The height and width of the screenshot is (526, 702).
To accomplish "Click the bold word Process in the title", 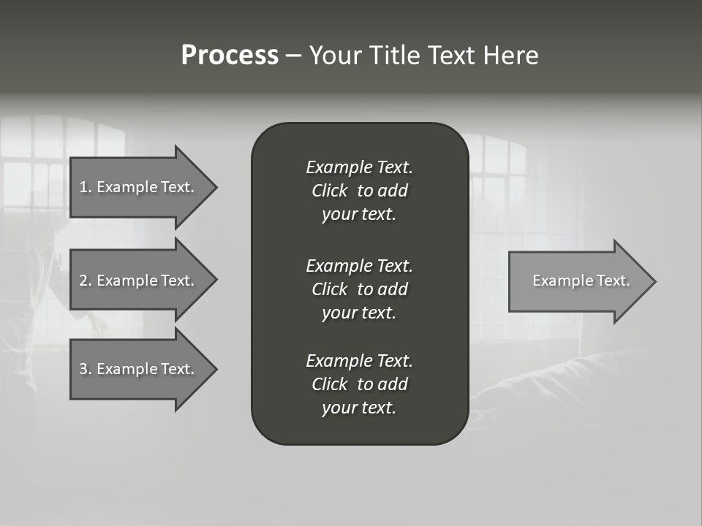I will [x=230, y=56].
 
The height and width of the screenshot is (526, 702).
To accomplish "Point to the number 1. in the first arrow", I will [x=85, y=187].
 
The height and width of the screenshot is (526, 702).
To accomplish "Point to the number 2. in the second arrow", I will [x=85, y=281].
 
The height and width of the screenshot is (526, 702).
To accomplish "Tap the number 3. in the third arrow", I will [x=85, y=369].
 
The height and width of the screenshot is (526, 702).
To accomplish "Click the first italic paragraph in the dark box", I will [x=359, y=191].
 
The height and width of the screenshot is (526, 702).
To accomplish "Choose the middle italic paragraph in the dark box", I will [x=359, y=289].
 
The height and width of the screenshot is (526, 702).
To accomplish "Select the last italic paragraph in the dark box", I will [x=359, y=384].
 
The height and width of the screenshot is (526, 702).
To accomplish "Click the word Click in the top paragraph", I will [x=329, y=191].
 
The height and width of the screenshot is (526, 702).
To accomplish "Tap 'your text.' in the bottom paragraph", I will [x=359, y=408].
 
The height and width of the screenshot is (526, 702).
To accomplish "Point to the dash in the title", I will [x=293, y=56].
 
